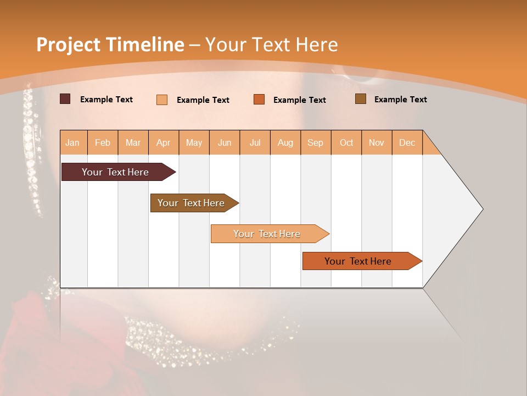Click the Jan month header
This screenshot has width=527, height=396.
tap(73, 142)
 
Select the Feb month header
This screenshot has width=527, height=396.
tap(103, 142)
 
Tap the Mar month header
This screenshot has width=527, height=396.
tap(133, 142)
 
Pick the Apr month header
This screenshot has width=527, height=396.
tap(164, 142)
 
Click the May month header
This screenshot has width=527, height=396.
tap(194, 142)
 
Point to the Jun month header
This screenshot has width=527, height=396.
tap(225, 142)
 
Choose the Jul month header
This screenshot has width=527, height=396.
tap(255, 142)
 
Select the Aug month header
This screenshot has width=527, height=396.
tap(285, 142)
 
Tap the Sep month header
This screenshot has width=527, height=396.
tap(316, 142)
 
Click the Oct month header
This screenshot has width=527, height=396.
tap(346, 142)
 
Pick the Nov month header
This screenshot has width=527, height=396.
tap(377, 142)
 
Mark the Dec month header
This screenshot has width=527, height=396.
tap(407, 142)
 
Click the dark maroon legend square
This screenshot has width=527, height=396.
tap(65, 99)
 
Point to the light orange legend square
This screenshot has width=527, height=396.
tap(162, 100)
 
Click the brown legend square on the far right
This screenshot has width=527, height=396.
tap(361, 99)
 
